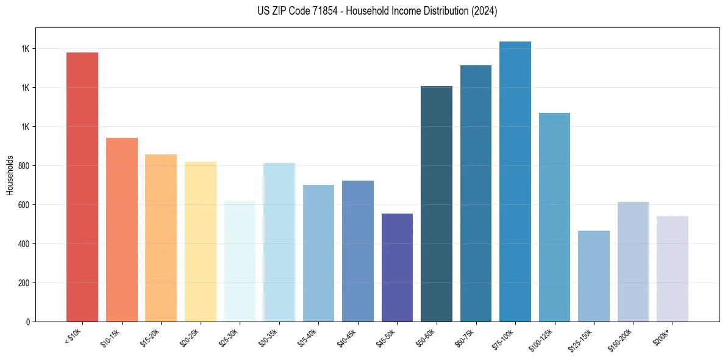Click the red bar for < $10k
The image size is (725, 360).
[x=82, y=187]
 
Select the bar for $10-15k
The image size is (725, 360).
[x=122, y=229]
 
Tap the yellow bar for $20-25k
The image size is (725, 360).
[x=201, y=241]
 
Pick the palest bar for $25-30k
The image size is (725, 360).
[x=240, y=261]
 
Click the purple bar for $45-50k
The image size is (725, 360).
[x=397, y=267]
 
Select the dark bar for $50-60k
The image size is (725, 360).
[x=437, y=204]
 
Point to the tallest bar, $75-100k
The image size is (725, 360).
[x=515, y=181]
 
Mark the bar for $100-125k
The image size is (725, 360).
[x=554, y=217]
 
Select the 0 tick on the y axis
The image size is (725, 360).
[x=28, y=322]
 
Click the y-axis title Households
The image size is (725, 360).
[x=10, y=175]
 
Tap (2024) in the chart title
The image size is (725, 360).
[x=484, y=11]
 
